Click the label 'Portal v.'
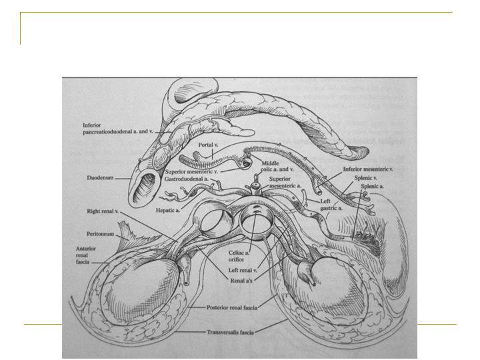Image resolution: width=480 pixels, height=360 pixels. [208, 145]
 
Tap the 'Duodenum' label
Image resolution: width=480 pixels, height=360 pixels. [100, 177]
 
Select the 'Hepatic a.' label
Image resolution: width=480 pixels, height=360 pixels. [168, 210]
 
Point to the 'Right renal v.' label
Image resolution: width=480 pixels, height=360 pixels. [103, 211]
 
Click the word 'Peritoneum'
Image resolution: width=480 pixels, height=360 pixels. [101, 234]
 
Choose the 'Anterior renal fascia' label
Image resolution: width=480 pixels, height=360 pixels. [86, 255]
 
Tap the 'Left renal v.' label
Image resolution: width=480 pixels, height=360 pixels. [243, 270]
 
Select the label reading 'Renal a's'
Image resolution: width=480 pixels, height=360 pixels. [241, 281]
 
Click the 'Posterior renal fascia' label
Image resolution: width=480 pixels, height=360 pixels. [232, 307]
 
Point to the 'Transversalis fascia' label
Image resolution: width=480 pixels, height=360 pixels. [230, 332]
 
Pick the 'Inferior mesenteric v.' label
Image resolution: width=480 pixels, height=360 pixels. [368, 169]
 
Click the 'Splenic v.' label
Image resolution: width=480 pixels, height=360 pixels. [366, 177]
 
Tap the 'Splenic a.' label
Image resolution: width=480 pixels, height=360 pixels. [372, 186]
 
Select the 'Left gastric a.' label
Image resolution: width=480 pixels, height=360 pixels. [331, 205]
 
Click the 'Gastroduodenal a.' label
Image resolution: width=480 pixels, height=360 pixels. [187, 179]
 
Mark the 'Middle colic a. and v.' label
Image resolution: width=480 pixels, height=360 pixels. [277, 166]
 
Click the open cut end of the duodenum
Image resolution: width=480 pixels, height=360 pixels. [146, 190]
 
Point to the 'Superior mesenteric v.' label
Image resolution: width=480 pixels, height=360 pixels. [191, 172]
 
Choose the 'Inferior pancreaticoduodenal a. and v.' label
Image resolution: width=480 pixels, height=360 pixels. [117, 128]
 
